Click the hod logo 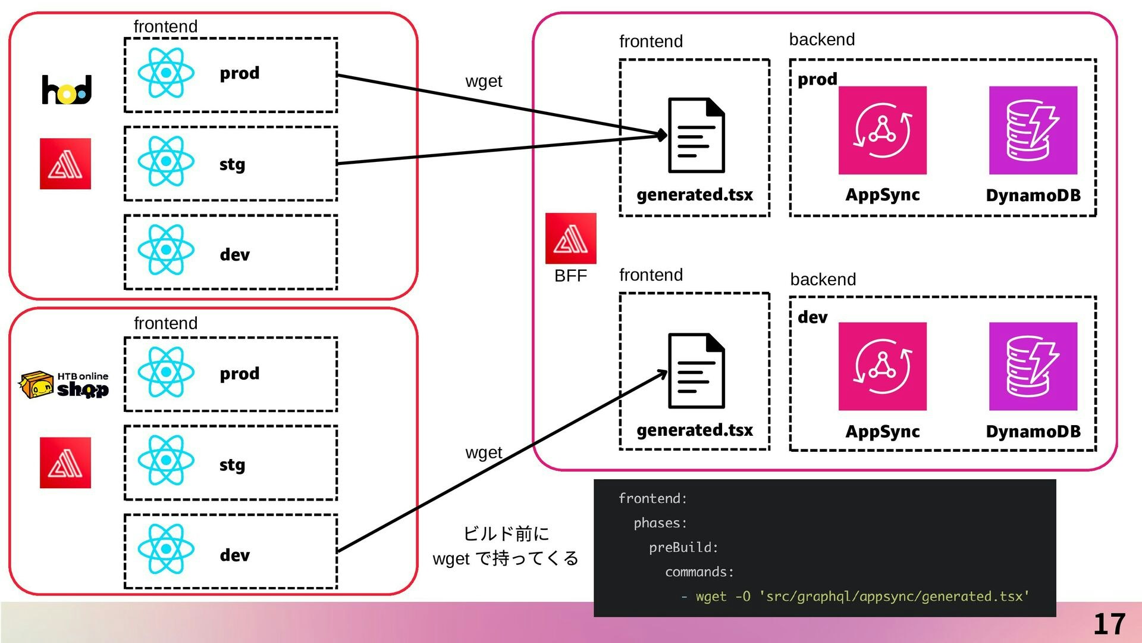coord(67,89)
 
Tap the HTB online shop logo coord(64,385)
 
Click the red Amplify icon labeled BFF coord(570,238)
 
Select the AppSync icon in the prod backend coord(882,130)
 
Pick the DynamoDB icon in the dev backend coord(1033,366)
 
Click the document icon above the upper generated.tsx coord(696,135)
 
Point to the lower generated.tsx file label coord(695,430)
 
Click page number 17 coord(1109,624)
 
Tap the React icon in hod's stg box coord(166,161)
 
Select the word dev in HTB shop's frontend coord(234,555)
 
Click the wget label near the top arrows coord(484,81)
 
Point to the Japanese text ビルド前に coord(506,533)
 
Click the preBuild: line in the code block coord(683,547)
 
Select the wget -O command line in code coord(855,596)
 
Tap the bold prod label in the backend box coord(817,79)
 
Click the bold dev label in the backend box coord(812,317)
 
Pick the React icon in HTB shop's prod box coord(166,372)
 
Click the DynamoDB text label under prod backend coord(1033,195)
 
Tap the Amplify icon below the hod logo coord(65,164)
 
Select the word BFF coord(570,276)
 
